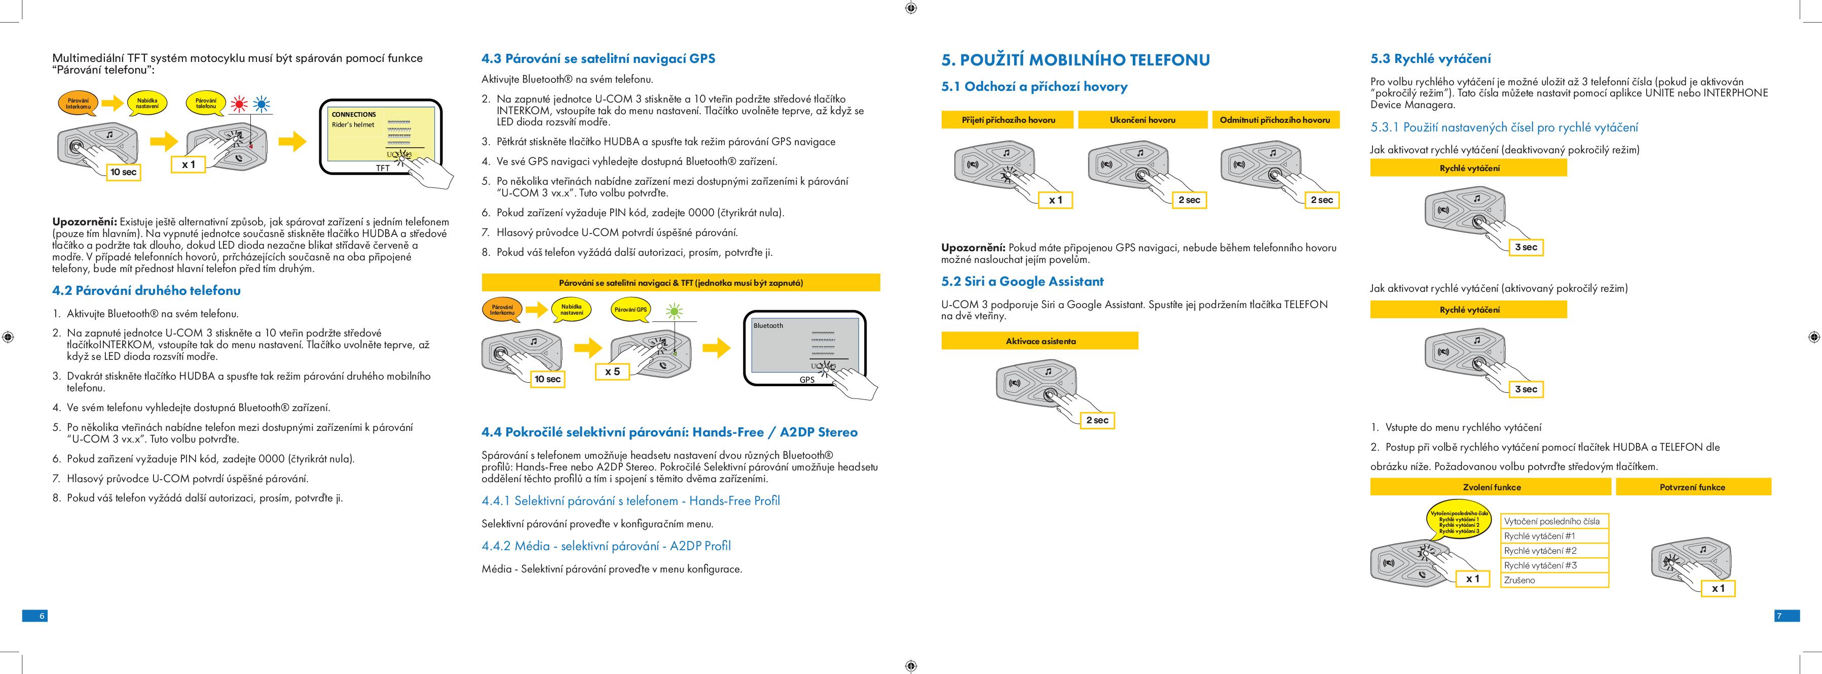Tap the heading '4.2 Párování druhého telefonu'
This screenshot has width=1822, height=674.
[146, 290]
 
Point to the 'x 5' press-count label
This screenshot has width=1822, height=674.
[613, 372]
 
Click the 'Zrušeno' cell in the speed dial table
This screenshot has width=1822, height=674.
[1554, 580]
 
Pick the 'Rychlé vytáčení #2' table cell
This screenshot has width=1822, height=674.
[1554, 550]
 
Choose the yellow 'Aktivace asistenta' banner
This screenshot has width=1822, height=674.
[1039, 341]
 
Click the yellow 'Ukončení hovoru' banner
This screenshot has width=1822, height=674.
[1142, 120]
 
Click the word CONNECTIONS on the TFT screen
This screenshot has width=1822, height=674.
[354, 115]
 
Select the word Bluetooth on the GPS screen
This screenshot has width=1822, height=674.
[768, 326]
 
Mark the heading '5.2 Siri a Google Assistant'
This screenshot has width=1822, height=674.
[1022, 282]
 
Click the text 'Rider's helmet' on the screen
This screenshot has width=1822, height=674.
[353, 125]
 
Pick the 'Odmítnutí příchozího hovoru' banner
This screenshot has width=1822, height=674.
[1275, 120]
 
